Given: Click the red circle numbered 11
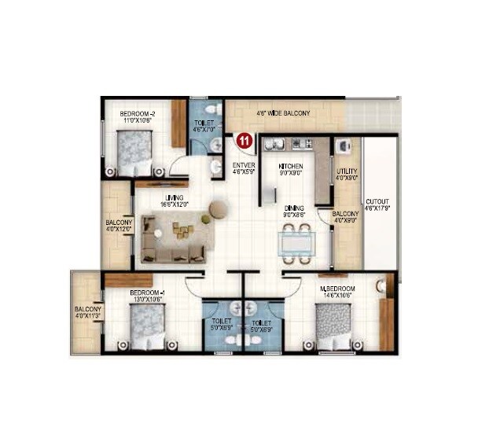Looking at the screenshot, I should [x=245, y=142].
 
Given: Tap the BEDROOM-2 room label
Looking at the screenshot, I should [x=137, y=114].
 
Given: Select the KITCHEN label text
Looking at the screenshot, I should [x=291, y=166].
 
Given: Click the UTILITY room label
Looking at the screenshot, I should [x=347, y=171].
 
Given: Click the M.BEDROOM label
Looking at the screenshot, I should [x=338, y=289].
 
